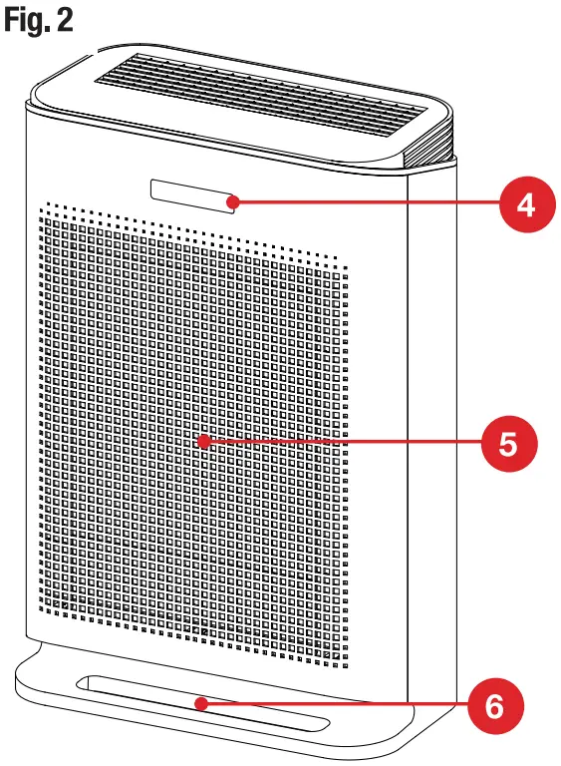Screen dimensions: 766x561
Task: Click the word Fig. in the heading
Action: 28,21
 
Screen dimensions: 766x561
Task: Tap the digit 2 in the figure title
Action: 66,21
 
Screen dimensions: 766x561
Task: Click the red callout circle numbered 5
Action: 508,443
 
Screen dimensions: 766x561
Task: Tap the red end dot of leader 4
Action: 232,202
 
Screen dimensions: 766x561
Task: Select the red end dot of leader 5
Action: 202,441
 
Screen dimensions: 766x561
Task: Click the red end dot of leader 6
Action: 202,703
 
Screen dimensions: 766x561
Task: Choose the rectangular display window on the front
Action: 189,194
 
